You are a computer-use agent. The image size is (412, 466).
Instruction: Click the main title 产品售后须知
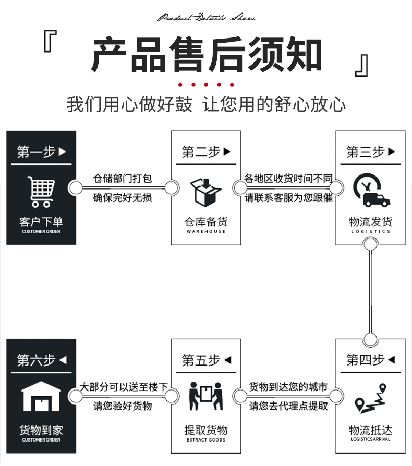click(207, 55)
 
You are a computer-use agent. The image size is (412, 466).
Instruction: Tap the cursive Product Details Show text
click(207, 18)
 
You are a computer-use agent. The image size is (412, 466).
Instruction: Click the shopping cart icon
click(41, 192)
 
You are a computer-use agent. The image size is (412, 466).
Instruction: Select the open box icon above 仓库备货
click(205, 192)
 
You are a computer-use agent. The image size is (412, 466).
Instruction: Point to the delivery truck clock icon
click(370, 191)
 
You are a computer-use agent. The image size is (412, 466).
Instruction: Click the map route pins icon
click(370, 399)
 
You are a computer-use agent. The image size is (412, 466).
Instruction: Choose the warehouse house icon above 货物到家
click(41, 398)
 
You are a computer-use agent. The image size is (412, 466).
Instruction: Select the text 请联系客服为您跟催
click(288, 198)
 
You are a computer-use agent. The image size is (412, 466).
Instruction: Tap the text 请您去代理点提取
click(288, 406)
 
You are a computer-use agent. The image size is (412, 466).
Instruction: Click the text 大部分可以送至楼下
click(124, 387)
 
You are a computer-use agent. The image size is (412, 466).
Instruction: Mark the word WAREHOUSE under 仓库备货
click(206, 231)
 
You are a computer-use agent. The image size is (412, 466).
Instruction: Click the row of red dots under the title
click(207, 85)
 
